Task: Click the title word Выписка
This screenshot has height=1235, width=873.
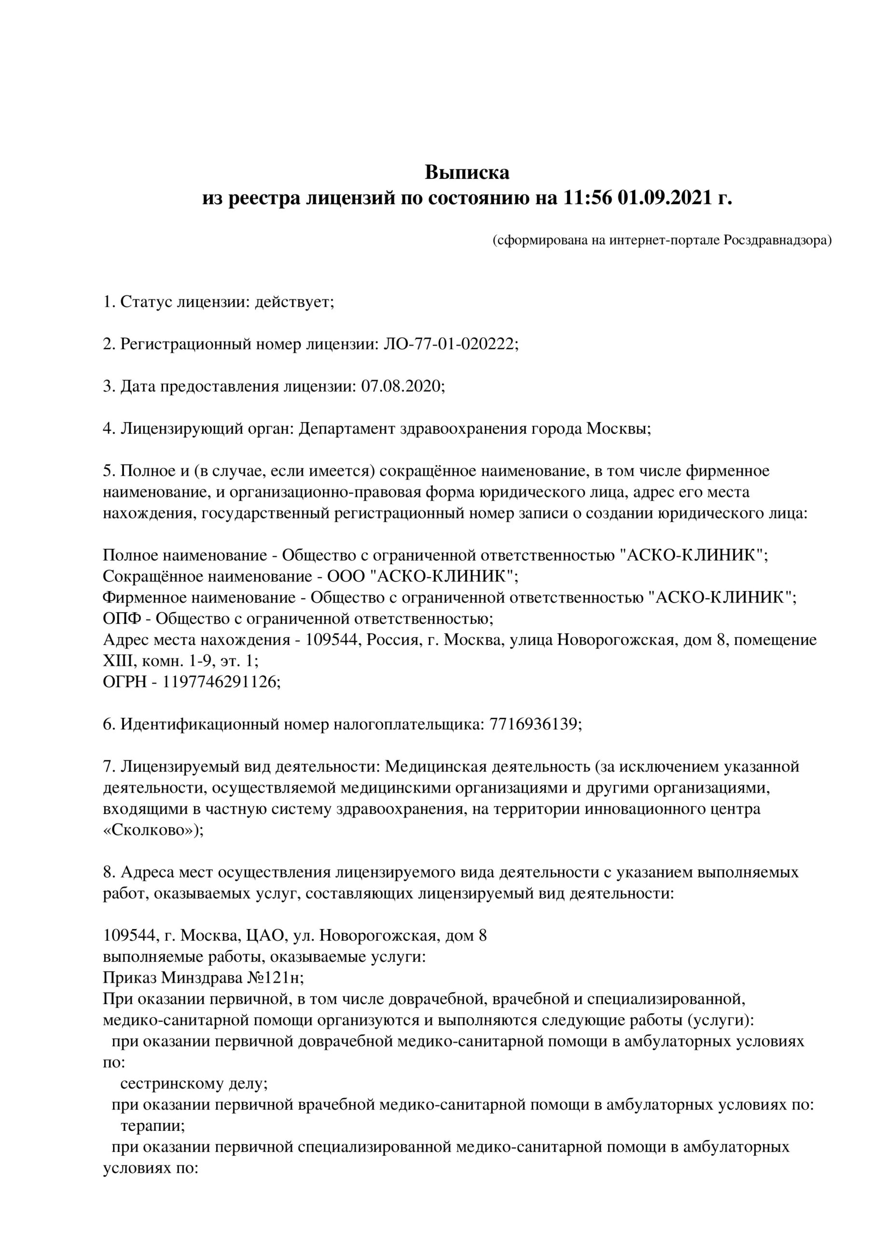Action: click(x=467, y=173)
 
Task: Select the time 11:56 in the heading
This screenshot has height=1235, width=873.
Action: click(x=588, y=198)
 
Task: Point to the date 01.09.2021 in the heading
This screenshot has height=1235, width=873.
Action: click(x=665, y=198)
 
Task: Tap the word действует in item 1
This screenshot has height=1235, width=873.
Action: click(x=293, y=302)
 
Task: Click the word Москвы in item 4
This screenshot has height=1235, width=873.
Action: click(x=618, y=429)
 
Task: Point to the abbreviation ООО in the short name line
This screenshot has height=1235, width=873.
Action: click(x=346, y=576)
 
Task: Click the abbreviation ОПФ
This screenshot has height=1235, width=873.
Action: click(x=122, y=618)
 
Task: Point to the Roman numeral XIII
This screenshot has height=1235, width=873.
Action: click(x=115, y=661)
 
